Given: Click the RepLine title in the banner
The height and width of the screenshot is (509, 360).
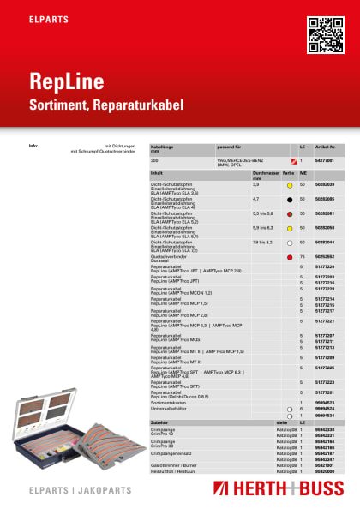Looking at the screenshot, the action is [x=68, y=83].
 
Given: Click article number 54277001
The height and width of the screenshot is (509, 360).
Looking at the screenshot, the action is [x=325, y=160].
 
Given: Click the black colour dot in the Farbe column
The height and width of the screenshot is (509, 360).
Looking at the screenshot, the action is [x=291, y=200].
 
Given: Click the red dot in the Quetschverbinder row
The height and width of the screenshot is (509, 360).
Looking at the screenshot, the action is [x=291, y=257].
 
